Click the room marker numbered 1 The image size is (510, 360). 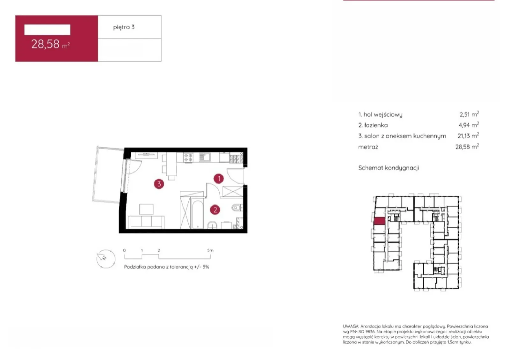(x=219, y=179)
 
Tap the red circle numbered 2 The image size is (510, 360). (x=215, y=210)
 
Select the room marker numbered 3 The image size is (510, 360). (x=159, y=184)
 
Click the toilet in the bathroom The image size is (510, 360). (x=237, y=208)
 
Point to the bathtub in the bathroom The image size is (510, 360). (x=197, y=214)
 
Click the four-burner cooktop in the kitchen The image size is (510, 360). (x=188, y=157)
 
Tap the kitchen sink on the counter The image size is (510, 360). (x=204, y=157)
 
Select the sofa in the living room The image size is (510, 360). (x=146, y=222)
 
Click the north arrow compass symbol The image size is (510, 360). (x=106, y=259)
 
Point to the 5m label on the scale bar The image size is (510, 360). (x=210, y=250)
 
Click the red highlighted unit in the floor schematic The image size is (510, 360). (x=380, y=221)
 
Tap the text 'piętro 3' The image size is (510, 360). (x=124, y=27)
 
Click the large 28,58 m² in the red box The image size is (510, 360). (x=50, y=44)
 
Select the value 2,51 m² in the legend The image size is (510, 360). (x=469, y=114)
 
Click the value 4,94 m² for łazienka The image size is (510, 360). (x=469, y=125)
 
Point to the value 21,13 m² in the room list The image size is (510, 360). (x=468, y=136)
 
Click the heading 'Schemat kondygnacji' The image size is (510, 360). (x=389, y=168)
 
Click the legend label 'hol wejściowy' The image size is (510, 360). (x=383, y=114)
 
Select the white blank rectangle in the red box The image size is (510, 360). (x=47, y=30)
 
